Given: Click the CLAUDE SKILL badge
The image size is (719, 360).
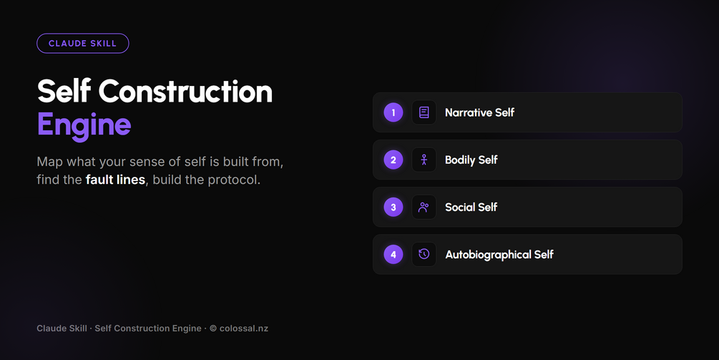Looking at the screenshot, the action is (x=82, y=44).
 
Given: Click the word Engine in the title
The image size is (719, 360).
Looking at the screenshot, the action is (x=84, y=125).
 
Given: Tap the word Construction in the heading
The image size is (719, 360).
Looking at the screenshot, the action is (x=185, y=91).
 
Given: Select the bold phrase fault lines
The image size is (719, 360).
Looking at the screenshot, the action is (x=115, y=180).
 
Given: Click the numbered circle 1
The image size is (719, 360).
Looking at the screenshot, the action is (x=393, y=112).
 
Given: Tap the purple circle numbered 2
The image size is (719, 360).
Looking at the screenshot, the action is (x=393, y=160).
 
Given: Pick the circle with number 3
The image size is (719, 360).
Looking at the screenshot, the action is (x=393, y=208).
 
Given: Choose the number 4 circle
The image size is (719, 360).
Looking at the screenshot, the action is (x=393, y=255).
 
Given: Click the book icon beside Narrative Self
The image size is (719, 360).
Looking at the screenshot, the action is (x=424, y=112).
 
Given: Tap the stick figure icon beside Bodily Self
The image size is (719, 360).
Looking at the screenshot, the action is (x=424, y=160).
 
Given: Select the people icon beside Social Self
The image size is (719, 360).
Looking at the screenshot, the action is (x=424, y=208).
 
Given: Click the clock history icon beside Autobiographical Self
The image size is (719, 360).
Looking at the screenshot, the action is (x=424, y=254).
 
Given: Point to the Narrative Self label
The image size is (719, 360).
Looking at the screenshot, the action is (x=479, y=112).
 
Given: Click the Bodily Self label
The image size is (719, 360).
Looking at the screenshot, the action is (x=471, y=160).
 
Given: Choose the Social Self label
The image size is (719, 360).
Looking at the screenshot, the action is (x=471, y=208).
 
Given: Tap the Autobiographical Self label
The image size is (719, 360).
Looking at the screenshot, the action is (x=499, y=255).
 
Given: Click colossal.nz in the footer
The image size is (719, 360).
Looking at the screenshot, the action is (x=243, y=329).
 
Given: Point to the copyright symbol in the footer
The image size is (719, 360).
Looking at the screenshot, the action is (x=213, y=329).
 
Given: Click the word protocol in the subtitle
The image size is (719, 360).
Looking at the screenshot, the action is (x=234, y=180).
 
